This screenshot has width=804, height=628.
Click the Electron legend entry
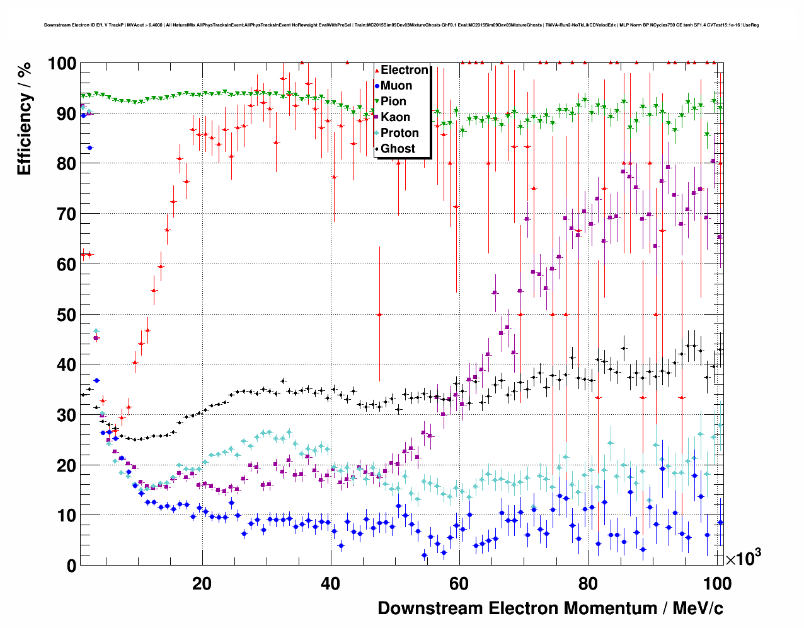pos(404,70)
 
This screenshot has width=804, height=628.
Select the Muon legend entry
pos(396,86)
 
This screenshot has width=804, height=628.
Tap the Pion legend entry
pos(393,102)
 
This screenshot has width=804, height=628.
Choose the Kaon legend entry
pos(395,117)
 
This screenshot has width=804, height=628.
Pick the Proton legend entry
pos(399,133)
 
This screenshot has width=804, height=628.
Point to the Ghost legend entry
pos(398,149)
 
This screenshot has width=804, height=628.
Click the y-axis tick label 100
pos(62,64)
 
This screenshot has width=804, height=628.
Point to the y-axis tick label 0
pos(71,566)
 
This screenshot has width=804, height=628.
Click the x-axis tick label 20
pos(202,583)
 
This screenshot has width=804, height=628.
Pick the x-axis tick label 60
pos(459,583)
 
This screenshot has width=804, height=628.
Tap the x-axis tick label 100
pos(716,583)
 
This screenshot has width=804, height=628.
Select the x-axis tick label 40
pos(330,583)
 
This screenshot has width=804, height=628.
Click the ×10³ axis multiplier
pos(743,558)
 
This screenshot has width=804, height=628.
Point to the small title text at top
pos(401,25)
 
